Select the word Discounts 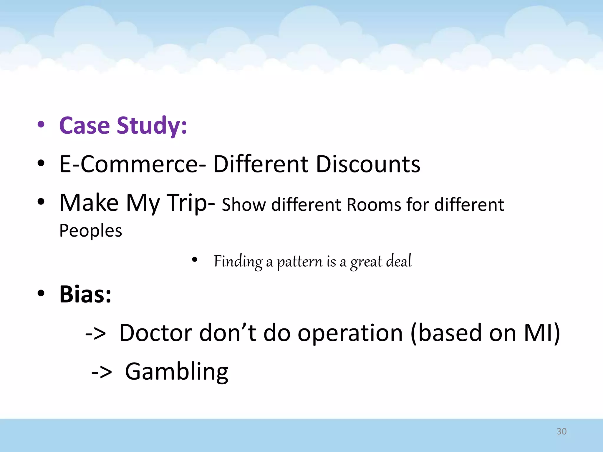click(368, 164)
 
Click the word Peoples click(91, 231)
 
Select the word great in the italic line click(366, 261)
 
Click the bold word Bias click(85, 294)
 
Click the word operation click(350, 333)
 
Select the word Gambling click(177, 372)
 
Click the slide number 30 click(561, 431)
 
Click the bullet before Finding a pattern click(194, 260)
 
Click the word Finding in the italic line click(238, 261)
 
